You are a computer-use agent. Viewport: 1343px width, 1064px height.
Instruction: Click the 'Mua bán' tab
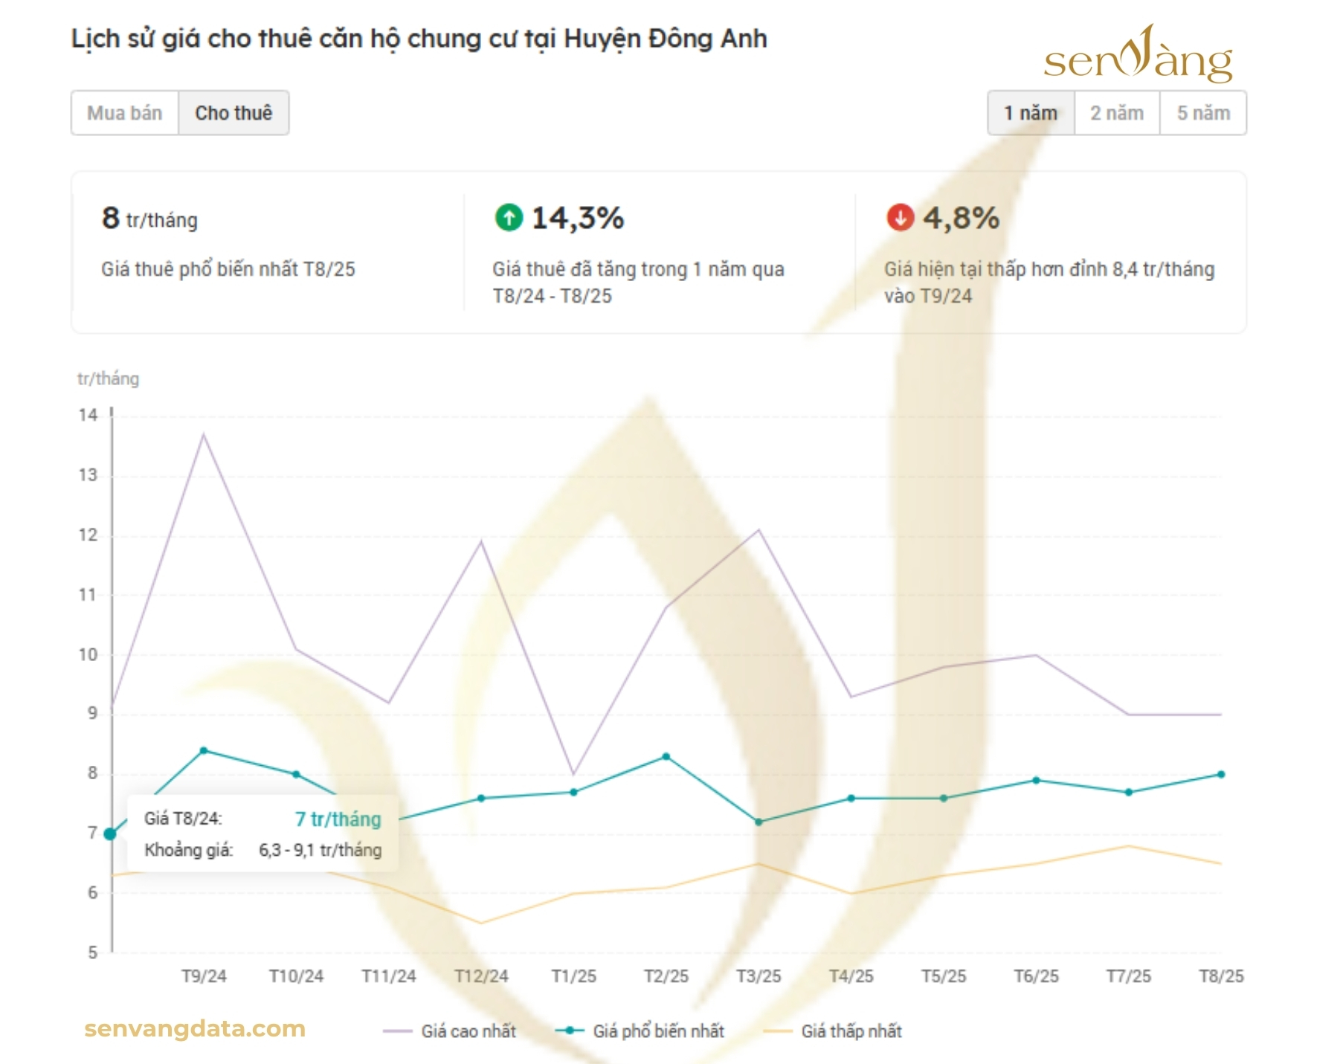[124, 113]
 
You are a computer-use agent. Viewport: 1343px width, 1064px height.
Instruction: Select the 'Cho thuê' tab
[234, 113]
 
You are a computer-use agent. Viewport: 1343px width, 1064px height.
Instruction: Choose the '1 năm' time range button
[1030, 113]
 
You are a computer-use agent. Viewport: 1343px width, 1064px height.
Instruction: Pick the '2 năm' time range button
[1116, 113]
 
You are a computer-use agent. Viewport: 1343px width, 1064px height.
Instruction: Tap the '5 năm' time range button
[1203, 113]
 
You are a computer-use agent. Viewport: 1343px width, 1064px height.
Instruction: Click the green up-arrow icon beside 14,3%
[509, 218]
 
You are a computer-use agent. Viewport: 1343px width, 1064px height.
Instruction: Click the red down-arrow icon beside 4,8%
[900, 218]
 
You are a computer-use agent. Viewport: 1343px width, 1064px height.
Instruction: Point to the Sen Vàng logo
[1137, 56]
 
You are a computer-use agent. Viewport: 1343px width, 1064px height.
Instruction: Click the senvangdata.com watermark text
[195, 1028]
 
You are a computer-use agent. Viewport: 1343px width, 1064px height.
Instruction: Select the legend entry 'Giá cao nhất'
[468, 1031]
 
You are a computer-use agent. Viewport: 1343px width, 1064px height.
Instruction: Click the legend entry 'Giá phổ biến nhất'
[657, 1031]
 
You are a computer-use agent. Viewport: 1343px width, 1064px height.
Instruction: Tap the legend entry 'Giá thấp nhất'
[851, 1031]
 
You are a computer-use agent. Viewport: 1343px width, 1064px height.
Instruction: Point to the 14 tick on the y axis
[88, 415]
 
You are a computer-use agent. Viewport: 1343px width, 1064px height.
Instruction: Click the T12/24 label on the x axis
[481, 976]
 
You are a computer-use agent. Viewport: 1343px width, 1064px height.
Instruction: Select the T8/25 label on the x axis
[1221, 976]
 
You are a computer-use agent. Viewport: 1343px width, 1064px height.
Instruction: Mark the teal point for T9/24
[204, 750]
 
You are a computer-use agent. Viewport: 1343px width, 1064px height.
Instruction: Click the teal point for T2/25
[666, 757]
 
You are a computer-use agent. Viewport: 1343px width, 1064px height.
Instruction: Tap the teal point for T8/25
[1221, 775]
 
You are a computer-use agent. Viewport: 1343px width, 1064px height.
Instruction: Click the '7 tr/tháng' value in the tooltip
[338, 819]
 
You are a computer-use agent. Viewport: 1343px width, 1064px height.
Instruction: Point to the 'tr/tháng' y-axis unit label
[108, 378]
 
